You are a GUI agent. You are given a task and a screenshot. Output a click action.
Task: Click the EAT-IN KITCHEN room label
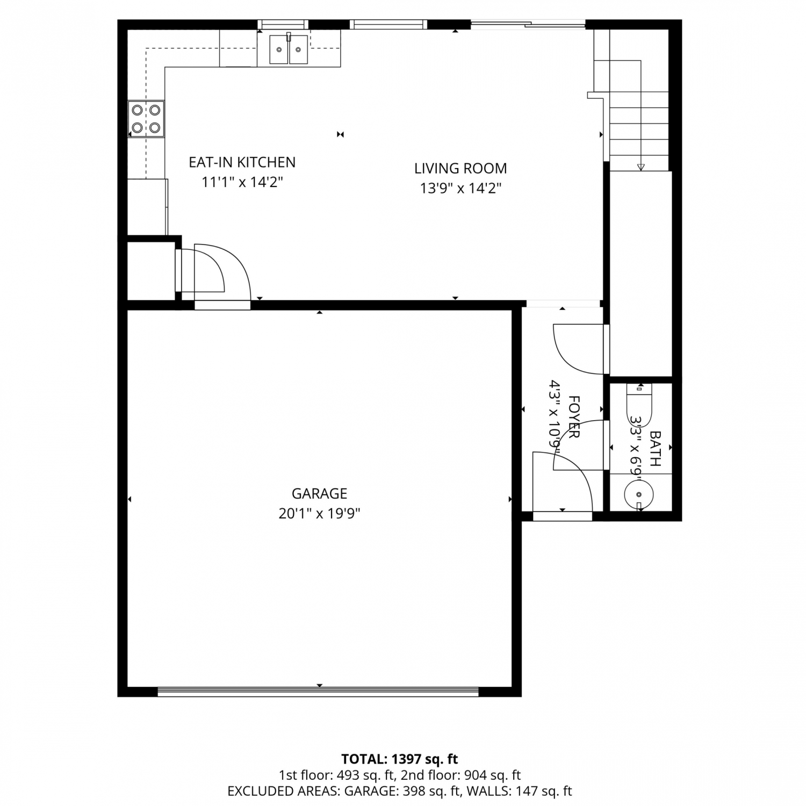click(242, 162)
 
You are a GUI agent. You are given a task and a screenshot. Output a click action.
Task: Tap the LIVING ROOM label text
click(460, 168)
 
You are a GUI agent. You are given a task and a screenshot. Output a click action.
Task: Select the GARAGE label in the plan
click(319, 493)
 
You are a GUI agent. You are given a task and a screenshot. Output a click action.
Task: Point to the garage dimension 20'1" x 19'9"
click(319, 514)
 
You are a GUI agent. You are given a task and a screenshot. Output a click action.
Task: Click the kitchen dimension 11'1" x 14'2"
click(242, 182)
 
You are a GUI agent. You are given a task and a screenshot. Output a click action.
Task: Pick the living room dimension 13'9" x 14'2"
click(460, 189)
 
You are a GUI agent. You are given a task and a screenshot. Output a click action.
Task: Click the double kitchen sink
click(289, 49)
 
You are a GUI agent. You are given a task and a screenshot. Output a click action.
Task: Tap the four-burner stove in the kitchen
click(146, 119)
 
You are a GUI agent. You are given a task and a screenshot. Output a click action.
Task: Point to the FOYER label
click(574, 417)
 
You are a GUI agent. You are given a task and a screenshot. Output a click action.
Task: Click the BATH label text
click(656, 448)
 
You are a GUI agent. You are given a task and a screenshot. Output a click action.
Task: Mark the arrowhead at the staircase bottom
click(641, 167)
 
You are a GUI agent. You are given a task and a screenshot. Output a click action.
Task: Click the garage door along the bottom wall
click(318, 692)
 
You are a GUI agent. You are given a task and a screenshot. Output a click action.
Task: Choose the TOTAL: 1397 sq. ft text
click(400, 759)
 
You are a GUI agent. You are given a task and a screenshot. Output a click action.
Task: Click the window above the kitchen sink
click(283, 24)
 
